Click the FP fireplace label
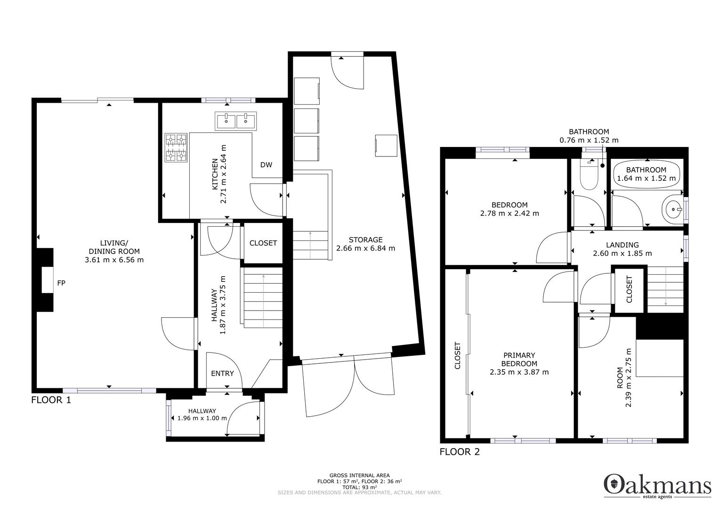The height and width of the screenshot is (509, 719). (x=61, y=283)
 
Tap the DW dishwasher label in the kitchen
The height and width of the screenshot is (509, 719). (x=266, y=165)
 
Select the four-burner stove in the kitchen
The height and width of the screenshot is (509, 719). (x=176, y=148)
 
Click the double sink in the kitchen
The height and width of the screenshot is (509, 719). (x=236, y=121)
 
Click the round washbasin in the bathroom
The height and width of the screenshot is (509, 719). (x=673, y=209)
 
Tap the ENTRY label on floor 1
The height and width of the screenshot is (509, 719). (x=222, y=373)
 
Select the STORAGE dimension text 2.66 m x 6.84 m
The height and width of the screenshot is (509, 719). (x=365, y=248)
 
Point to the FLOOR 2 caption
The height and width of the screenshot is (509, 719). (x=460, y=452)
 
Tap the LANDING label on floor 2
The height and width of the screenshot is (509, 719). (x=622, y=245)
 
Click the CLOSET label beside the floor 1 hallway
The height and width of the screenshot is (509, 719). (x=263, y=243)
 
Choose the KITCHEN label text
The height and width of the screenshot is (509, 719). (x=215, y=174)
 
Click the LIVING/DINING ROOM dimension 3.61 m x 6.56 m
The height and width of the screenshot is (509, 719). (x=114, y=260)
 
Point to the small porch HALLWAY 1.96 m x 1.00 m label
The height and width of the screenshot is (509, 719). (x=202, y=414)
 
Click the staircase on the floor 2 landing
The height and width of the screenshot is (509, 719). (x=665, y=288)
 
